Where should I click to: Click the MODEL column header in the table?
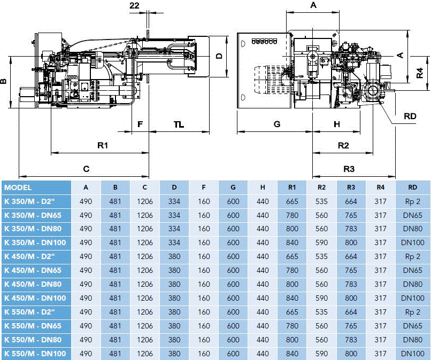pos(18,187)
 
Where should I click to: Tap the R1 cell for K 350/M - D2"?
pos(292,201)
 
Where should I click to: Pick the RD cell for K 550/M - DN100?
pos(412,353)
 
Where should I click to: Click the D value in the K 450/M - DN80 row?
pos(174,284)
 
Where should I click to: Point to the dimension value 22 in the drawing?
pos(134,5)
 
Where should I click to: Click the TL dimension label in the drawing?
pos(179,124)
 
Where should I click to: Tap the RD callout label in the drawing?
pos(410,116)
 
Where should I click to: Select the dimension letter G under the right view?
pos(276,124)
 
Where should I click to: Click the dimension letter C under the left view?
pos(86,169)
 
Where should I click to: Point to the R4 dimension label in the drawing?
pos(421,72)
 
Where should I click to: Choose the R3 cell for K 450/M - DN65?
pos(351,270)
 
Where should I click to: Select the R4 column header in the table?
pos(380,187)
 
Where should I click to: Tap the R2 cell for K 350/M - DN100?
pos(321,242)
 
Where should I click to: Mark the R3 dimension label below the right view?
pos(349,169)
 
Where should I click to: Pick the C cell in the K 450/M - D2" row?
pos(145,256)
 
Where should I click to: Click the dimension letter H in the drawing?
pos(336,124)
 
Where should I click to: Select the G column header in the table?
pos(233,187)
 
